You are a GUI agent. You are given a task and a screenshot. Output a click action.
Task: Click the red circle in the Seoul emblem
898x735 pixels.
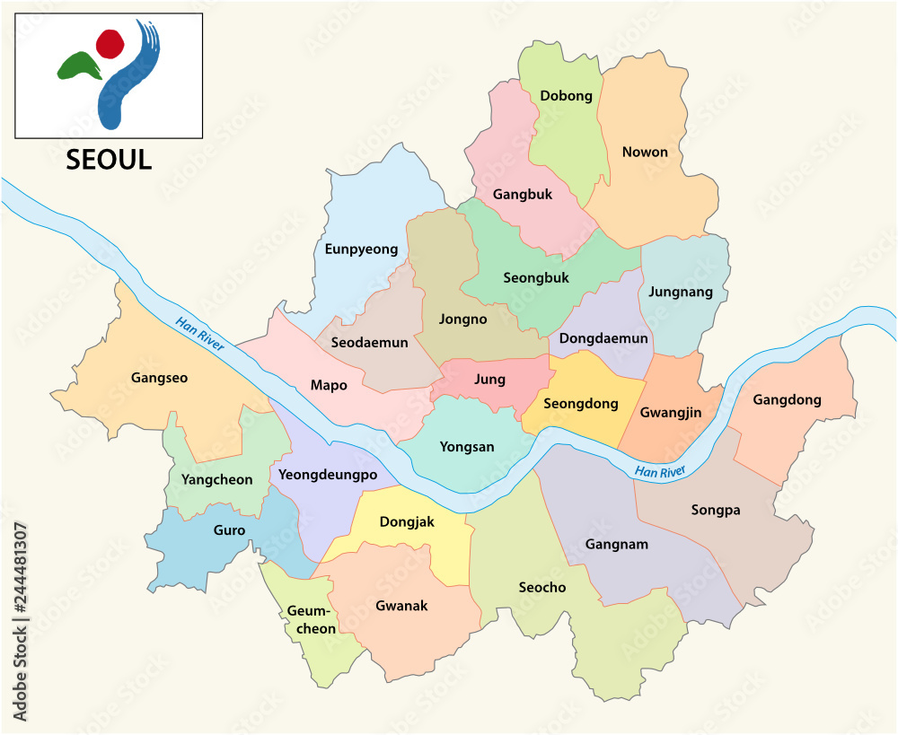[x=110, y=42]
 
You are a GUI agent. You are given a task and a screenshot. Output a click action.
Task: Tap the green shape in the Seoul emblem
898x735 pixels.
[x=78, y=66]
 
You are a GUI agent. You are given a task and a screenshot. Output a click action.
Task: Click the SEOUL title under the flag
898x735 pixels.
[x=109, y=160]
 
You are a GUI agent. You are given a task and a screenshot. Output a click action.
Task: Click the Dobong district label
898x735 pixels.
[x=566, y=96]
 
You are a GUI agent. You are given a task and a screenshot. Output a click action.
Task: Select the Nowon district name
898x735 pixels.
[x=645, y=152]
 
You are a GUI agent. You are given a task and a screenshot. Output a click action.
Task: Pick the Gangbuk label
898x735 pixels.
[x=522, y=194]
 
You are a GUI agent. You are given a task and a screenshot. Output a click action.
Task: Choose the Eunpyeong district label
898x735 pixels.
[x=361, y=249]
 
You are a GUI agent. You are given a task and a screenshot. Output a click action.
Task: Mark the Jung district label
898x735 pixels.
[x=489, y=379]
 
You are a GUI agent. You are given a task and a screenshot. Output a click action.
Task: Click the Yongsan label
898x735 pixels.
[x=467, y=446]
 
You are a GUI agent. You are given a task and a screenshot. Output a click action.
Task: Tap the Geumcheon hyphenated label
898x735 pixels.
[x=312, y=620]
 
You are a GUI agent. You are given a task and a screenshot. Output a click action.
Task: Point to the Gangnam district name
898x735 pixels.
[x=616, y=544]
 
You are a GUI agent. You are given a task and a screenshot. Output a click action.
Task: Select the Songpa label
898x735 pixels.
[x=716, y=510]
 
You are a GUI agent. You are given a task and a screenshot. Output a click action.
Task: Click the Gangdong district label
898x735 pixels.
[x=787, y=399]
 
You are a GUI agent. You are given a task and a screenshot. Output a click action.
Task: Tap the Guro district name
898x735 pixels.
[x=229, y=530]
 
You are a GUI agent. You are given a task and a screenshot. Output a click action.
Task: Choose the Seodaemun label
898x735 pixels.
[x=369, y=342]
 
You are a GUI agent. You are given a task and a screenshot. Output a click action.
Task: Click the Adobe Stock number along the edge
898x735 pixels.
[x=20, y=620]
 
